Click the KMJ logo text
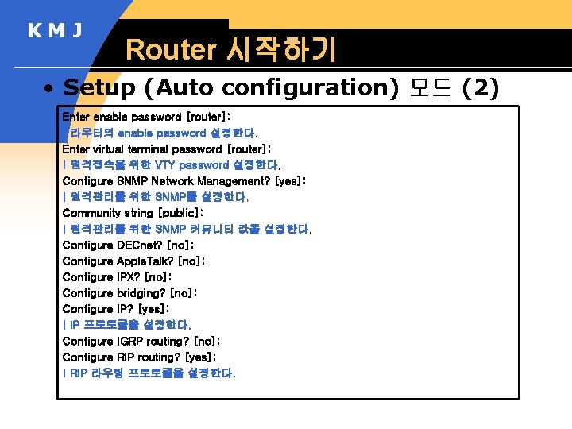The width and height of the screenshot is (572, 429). point(55,31)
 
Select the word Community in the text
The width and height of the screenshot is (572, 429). point(90,213)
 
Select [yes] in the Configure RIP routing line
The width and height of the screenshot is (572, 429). point(199,357)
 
